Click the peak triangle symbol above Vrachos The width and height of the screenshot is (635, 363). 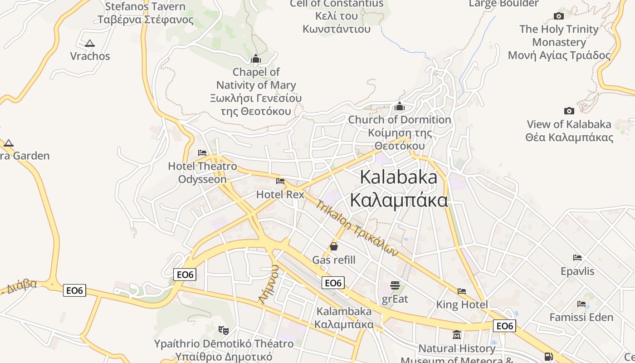click(x=90, y=44)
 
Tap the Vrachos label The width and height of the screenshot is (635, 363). click(x=90, y=56)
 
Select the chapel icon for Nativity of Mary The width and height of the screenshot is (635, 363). click(x=256, y=59)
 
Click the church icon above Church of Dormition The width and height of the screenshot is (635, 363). click(x=400, y=107)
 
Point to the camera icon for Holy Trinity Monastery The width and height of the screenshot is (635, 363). click(x=559, y=16)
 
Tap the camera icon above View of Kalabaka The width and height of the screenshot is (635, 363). click(x=569, y=111)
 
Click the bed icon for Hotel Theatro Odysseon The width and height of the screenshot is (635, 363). click(x=202, y=153)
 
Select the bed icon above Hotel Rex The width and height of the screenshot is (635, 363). click(x=280, y=181)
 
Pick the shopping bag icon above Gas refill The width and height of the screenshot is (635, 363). click(x=334, y=246)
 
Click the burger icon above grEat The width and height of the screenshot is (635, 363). click(x=395, y=285)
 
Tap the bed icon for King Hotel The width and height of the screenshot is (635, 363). click(x=462, y=291)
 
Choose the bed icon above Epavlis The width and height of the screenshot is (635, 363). click(x=577, y=258)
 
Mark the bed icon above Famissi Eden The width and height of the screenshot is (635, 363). click(x=581, y=304)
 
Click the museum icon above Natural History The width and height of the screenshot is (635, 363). click(x=457, y=335)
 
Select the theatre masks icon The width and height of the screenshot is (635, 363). click(x=223, y=330)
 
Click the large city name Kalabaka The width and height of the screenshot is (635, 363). click(x=399, y=177)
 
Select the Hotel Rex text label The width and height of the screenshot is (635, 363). click(x=280, y=195)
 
